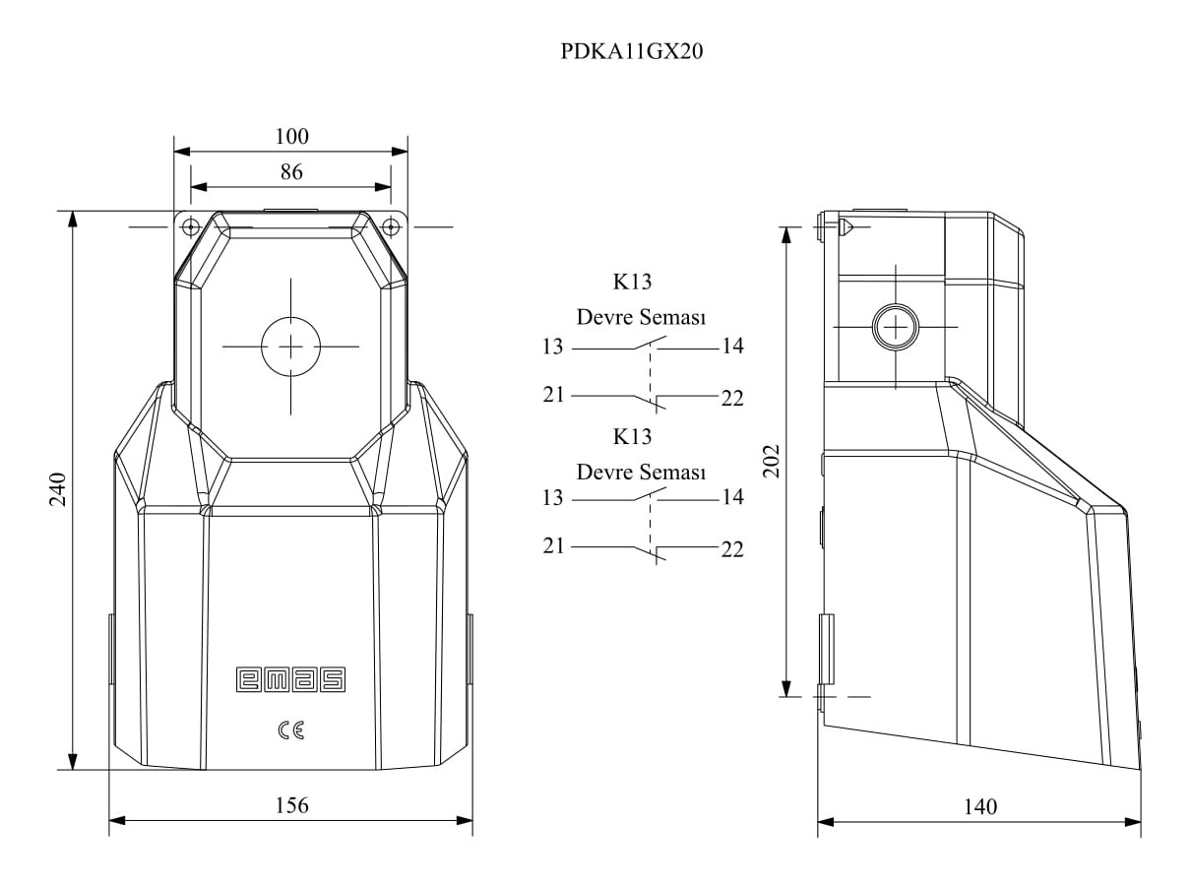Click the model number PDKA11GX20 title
pyautogui.click(x=632, y=51)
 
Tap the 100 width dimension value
pyautogui.click(x=291, y=137)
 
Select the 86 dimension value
pyautogui.click(x=291, y=172)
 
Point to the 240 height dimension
pyautogui.click(x=58, y=489)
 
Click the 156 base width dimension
pyautogui.click(x=291, y=805)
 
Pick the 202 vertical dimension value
pyautogui.click(x=771, y=461)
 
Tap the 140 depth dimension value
pyautogui.click(x=980, y=806)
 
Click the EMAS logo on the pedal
pyautogui.click(x=290, y=679)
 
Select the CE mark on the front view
pyautogui.click(x=291, y=730)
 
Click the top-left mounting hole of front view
pyautogui.click(x=191, y=226)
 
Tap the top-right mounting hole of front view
pyautogui.click(x=391, y=226)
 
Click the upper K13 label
pyautogui.click(x=632, y=282)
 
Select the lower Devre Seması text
pyautogui.click(x=641, y=472)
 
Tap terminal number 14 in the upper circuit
pyautogui.click(x=732, y=346)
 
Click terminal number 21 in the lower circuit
pyautogui.click(x=553, y=545)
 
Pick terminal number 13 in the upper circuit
pyautogui.click(x=552, y=347)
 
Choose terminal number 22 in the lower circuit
pyautogui.click(x=732, y=549)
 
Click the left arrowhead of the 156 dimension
pyautogui.click(x=117, y=820)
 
